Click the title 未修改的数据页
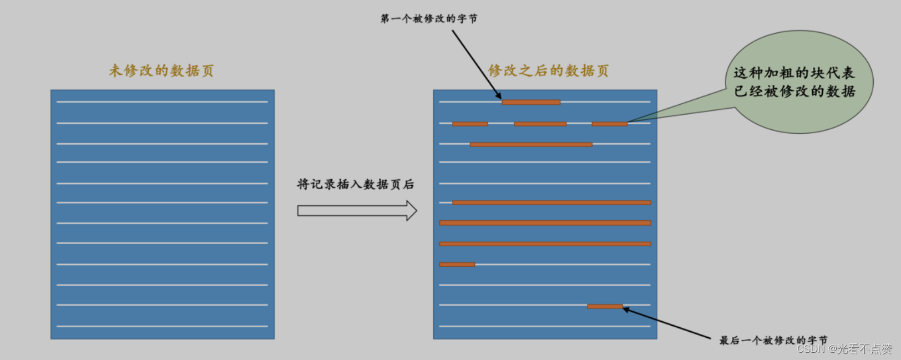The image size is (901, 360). (161, 70)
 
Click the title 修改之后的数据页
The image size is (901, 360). (548, 70)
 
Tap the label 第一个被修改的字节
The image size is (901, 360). (428, 19)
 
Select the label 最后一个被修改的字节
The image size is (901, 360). (773, 340)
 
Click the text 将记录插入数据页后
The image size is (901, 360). (355, 184)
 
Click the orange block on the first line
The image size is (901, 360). (531, 102)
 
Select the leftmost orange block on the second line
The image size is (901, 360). (470, 124)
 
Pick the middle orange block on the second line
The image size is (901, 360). (540, 124)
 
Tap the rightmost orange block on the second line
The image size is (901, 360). (609, 124)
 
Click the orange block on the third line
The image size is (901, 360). (531, 145)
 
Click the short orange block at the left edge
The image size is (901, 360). (457, 265)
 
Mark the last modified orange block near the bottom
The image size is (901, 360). (605, 306)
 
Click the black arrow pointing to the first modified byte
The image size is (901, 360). (476, 63)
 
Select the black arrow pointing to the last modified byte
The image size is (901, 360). (666, 323)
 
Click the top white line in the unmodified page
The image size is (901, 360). (162, 102)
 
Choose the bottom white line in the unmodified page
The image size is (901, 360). (162, 326)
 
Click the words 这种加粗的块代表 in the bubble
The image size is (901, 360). (794, 73)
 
